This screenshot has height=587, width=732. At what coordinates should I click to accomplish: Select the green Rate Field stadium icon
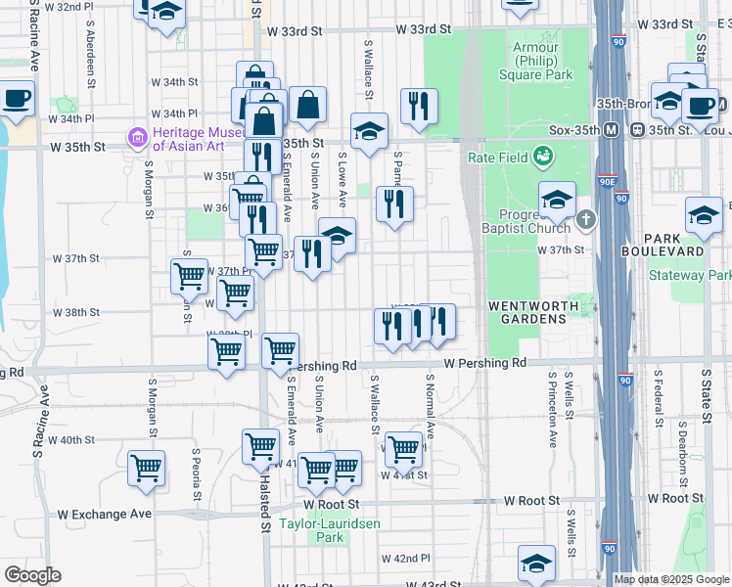pos(542,156)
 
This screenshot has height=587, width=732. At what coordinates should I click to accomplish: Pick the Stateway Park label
pos(690,275)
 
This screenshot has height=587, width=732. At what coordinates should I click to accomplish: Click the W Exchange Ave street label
pos(105,514)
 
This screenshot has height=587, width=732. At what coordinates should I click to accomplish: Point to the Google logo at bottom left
pos(32,575)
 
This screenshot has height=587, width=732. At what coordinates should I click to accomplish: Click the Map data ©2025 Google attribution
pos(671,579)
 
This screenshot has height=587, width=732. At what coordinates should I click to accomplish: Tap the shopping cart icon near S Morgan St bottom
pos(146,469)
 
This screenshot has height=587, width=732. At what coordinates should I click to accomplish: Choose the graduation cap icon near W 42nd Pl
pos(536,564)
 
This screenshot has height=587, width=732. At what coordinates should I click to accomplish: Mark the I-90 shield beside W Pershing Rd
pos(626,379)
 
